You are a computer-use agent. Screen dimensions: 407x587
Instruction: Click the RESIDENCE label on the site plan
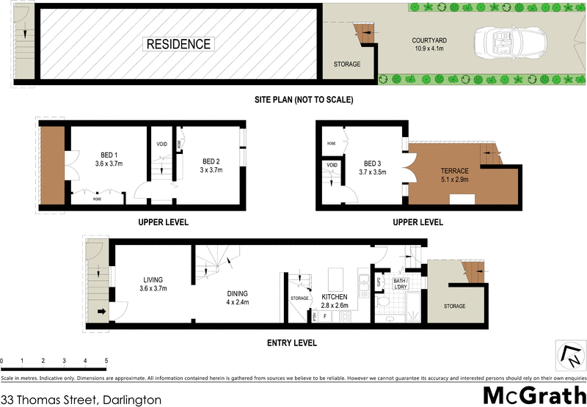pos(179,44)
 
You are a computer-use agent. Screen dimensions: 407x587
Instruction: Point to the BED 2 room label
pos(211,165)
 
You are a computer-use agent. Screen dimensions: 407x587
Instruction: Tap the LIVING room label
pos(153,284)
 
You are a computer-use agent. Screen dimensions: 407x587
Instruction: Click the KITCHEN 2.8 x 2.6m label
pos(333,301)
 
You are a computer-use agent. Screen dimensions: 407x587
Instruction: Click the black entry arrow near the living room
pos(101,310)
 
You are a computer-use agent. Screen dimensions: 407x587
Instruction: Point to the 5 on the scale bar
pos(106,361)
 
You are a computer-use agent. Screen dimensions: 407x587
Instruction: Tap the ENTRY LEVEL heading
pos(293,342)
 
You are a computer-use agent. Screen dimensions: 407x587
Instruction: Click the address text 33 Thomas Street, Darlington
pos(81,400)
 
